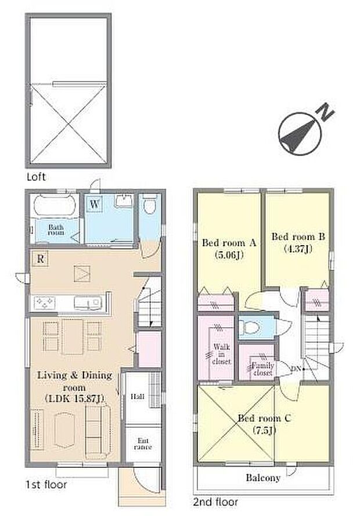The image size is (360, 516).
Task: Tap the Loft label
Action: tap(35, 177)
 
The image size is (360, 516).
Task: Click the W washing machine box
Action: tap(94, 204)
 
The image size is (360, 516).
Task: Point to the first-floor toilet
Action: tap(149, 206)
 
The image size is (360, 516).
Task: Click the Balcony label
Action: tap(262, 478)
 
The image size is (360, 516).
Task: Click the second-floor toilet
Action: tap(251, 327)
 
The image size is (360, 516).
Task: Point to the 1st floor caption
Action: tap(46, 483)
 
